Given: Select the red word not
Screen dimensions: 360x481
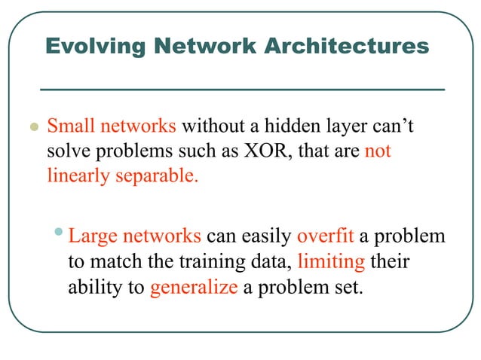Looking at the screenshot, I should coord(378,151).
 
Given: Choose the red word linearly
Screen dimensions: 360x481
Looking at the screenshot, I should coord(75,178).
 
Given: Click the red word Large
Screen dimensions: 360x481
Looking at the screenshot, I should coord(92,236).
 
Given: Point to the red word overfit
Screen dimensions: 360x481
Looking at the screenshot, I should coord(326,236).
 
